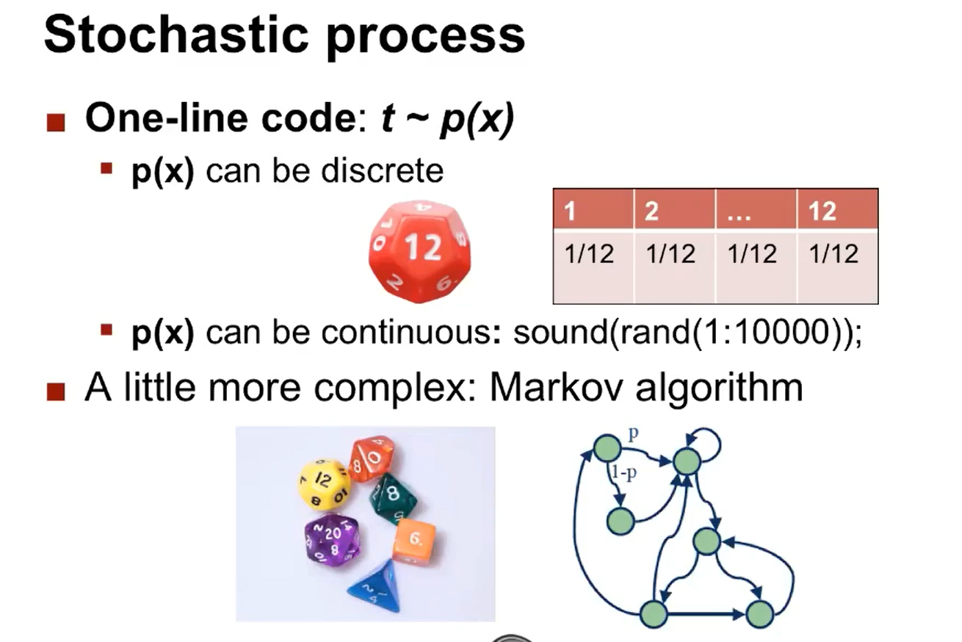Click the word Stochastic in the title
176,35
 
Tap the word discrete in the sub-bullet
382,171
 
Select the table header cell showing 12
837,209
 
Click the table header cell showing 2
675,209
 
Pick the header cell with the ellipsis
756,209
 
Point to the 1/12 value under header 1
589,253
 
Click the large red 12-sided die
419,251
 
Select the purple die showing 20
331,541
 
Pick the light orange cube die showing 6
414,541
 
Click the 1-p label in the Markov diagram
624,472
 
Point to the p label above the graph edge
634,434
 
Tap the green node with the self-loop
687,461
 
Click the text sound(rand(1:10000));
687,333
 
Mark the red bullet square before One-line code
56,123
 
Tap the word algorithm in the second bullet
720,389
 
